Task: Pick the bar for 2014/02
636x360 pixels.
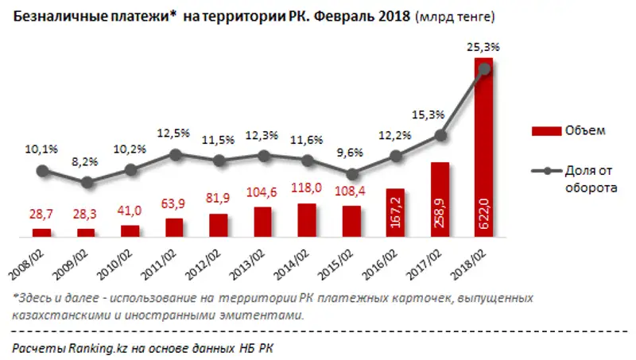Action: click(306, 220)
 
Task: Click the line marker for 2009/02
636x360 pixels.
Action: click(87, 182)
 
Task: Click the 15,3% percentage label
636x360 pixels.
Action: click(428, 114)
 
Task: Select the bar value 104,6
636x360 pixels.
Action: click(262, 193)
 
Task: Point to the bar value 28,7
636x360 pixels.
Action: click(42, 215)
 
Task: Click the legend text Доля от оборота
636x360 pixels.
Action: click(592, 180)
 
